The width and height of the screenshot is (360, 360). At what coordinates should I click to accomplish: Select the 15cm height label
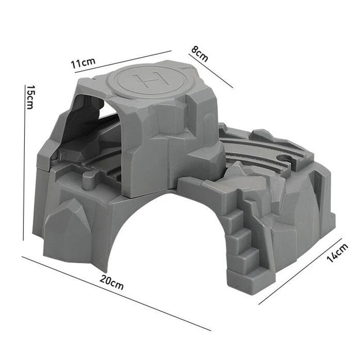tap(30, 97)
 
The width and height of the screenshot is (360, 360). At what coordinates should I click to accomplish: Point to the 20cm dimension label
tap(112, 283)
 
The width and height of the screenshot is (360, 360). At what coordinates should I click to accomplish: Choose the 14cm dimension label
tap(337, 252)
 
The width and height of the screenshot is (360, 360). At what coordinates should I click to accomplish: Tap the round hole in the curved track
tap(285, 158)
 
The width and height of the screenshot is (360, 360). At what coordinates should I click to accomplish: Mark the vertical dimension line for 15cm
tap(24, 162)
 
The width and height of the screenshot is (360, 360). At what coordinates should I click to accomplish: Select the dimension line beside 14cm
tap(300, 271)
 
